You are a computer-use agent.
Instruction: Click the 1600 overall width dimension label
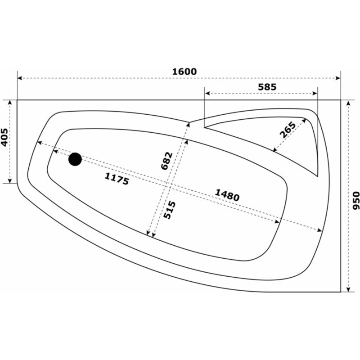[184, 72]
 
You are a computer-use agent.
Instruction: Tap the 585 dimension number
[267, 87]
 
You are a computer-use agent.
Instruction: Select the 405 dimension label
[4, 137]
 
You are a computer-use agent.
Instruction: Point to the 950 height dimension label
[355, 200]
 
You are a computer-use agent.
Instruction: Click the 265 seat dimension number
[288, 130]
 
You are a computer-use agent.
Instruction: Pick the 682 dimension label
[166, 161]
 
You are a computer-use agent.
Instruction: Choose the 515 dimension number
[170, 210]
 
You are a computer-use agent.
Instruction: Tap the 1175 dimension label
[117, 179]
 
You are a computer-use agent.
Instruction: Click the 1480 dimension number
[227, 195]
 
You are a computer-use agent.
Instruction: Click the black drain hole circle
[75, 159]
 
